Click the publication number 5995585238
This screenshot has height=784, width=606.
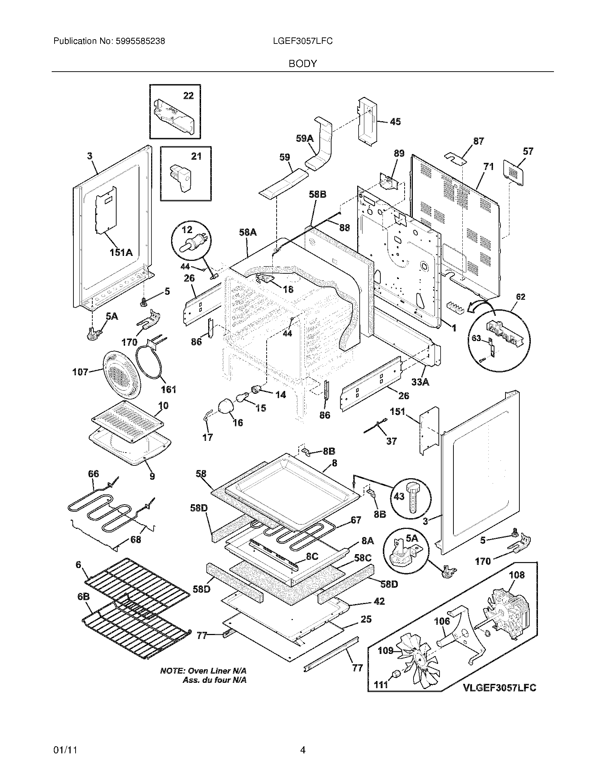point(140,41)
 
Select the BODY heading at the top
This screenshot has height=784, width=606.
point(303,64)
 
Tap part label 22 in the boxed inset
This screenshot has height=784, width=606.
point(188,96)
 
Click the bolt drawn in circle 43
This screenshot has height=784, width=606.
point(414,497)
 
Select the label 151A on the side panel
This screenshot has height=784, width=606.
point(121,253)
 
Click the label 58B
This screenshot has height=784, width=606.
point(318,194)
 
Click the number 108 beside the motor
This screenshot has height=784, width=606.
point(517,575)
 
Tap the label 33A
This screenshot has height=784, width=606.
point(420,382)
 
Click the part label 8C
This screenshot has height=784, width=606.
point(312,556)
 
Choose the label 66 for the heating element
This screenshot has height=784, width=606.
point(93,474)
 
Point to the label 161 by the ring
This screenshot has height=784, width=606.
point(168,389)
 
